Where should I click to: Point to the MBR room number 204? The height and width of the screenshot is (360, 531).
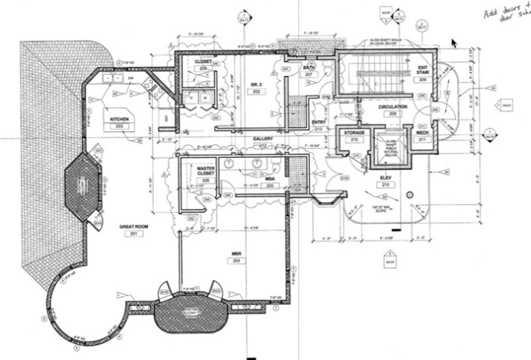[235, 260]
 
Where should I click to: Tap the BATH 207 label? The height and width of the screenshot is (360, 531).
[309, 69]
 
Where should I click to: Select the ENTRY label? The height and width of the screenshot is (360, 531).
[319, 122]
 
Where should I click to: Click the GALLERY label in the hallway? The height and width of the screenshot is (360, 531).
[263, 139]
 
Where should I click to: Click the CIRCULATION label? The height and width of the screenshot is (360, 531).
[393, 107]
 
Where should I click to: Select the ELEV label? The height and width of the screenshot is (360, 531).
[384, 177]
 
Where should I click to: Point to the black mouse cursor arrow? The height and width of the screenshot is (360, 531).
[454, 43]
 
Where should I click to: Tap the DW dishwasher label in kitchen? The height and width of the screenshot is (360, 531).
[131, 77]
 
